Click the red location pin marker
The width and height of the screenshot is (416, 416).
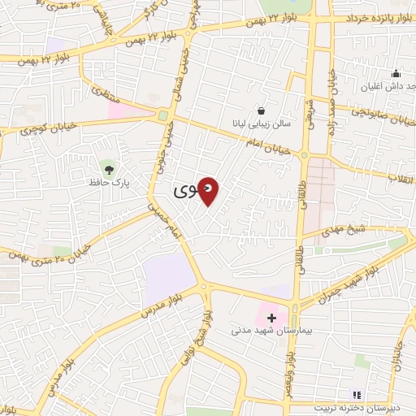point(209,191)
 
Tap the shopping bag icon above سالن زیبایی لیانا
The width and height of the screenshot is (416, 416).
point(261,110)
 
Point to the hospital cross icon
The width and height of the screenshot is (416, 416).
point(271,317)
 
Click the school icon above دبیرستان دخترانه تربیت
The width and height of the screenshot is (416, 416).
point(354,395)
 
